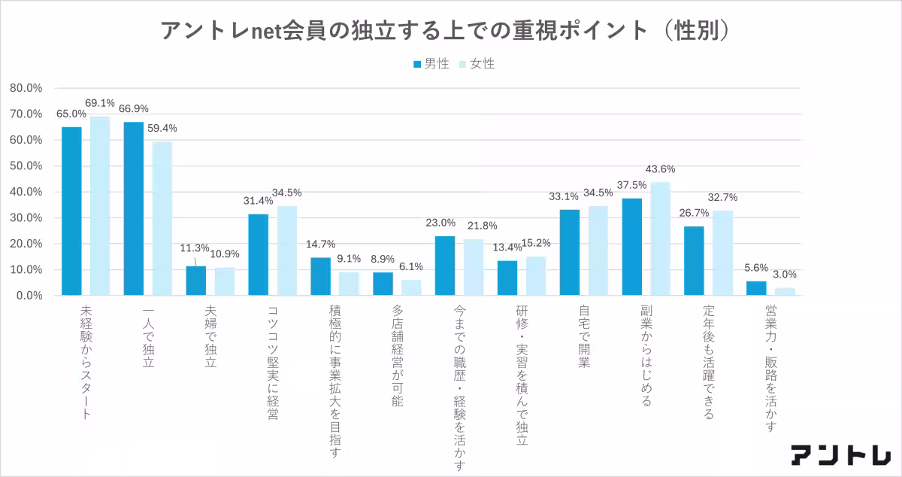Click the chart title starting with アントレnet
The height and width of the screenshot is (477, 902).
pos(444,30)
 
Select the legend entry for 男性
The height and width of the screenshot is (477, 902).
pos(431,64)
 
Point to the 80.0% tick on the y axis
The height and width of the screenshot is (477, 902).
pos(26,88)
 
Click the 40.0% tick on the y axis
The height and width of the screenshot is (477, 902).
pos(26,192)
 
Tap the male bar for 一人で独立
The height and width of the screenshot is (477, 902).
pos(134,208)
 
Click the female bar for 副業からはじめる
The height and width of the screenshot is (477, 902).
pos(661,238)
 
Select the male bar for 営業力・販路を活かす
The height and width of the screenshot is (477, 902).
pos(756,288)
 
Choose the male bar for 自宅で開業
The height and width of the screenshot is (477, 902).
pos(570,252)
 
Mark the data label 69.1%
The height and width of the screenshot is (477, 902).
pos(99,103)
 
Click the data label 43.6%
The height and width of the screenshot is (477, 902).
pos(660,169)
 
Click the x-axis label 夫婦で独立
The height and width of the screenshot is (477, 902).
pos(211,336)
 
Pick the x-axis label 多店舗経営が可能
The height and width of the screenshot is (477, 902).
pos(398,357)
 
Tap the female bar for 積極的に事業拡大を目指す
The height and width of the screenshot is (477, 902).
pos(349,284)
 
